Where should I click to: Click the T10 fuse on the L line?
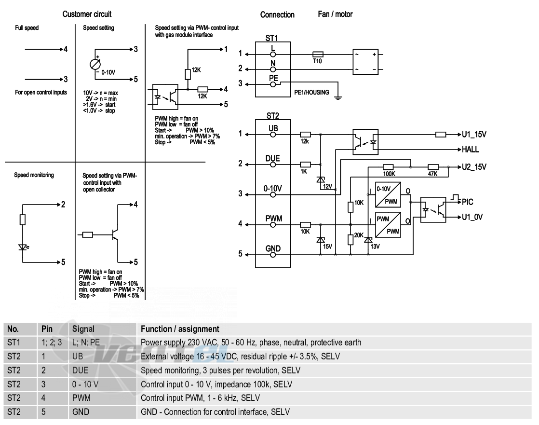click(318, 55)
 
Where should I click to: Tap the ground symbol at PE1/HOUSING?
click(338, 97)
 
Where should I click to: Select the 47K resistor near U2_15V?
click(433, 167)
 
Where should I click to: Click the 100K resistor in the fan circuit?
click(388, 167)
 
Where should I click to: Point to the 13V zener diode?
click(368, 239)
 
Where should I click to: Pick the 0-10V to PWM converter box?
click(388, 194)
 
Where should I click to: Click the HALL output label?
click(470, 149)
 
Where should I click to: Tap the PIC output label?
click(468, 202)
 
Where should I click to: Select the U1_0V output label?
click(472, 217)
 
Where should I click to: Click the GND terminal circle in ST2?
click(273, 255)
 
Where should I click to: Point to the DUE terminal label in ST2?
click(272, 159)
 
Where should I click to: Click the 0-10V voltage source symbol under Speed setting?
click(95, 64)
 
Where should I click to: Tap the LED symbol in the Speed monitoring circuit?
click(23, 247)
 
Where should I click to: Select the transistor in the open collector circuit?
click(115, 235)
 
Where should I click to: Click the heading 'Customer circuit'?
click(87, 14)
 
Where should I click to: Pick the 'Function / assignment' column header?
click(180, 329)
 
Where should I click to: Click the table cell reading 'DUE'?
click(80, 370)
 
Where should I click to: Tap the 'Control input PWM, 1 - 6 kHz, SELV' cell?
click(200, 398)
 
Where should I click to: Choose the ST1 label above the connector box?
click(271, 38)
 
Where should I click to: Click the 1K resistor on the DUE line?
click(305, 165)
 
